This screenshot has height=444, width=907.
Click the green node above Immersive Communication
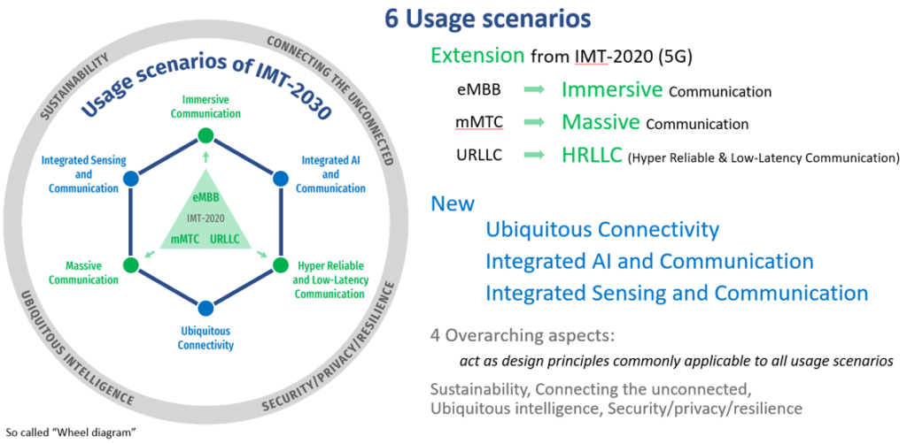[205, 135]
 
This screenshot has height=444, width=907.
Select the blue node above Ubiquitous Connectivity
[205, 308]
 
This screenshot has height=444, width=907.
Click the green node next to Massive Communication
[131, 264]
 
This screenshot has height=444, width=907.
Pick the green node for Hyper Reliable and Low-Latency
[280, 264]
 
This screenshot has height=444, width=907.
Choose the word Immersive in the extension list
[612, 90]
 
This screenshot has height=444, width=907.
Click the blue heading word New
[452, 203]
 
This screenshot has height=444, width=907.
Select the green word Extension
[477, 55]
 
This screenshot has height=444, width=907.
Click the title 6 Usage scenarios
[488, 19]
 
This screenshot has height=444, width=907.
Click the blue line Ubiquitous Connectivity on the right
[602, 231]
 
